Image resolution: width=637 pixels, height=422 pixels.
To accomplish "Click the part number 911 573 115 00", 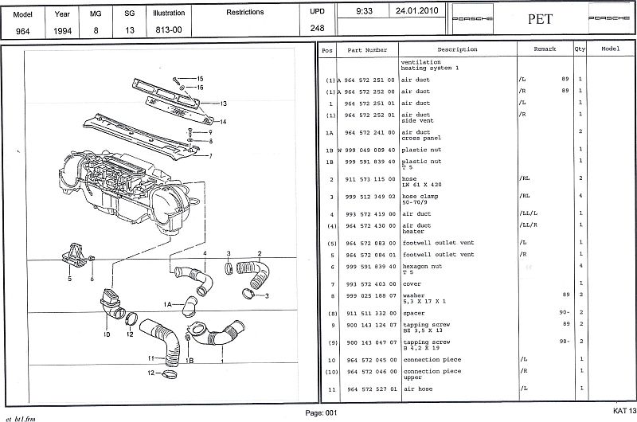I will [x=365, y=178].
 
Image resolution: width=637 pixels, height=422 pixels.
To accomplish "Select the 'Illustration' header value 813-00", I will [x=170, y=29].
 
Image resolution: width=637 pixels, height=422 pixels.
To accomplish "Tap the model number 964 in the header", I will [x=23, y=29].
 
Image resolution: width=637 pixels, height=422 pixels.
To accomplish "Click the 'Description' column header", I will [x=456, y=49].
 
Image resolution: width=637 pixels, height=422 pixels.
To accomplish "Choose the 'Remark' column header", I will [x=545, y=49].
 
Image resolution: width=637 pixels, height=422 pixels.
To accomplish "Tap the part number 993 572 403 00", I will [x=365, y=283].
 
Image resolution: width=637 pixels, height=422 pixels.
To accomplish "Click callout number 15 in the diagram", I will [x=201, y=78].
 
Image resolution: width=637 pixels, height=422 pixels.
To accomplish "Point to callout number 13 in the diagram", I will [x=225, y=104].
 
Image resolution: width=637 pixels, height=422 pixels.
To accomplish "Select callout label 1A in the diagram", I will [x=167, y=303].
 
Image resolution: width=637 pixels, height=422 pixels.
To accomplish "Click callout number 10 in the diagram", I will [x=106, y=334].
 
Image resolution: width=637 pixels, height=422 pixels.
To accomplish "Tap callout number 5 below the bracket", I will [x=69, y=279].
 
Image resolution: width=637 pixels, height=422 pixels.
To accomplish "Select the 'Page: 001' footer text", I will [x=321, y=412].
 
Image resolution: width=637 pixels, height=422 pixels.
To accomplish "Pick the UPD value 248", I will [x=317, y=29].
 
